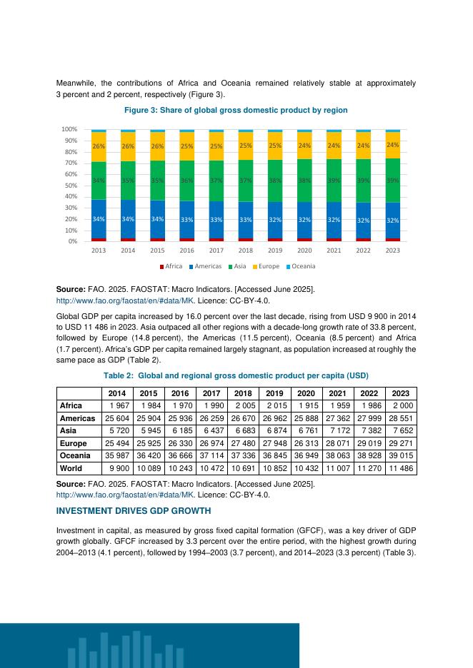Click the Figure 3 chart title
coord(236,110)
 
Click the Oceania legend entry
coord(300,266)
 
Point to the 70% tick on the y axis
coord(70,163)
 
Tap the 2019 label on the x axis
coord(275,250)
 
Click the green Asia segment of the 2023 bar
coord(392,180)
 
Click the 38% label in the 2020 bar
coord(304,181)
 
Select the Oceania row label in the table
coord(75,456)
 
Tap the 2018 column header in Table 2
coord(243,393)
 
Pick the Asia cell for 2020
coord(304,430)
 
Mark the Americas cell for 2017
coord(211,418)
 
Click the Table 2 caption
coord(236,375)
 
